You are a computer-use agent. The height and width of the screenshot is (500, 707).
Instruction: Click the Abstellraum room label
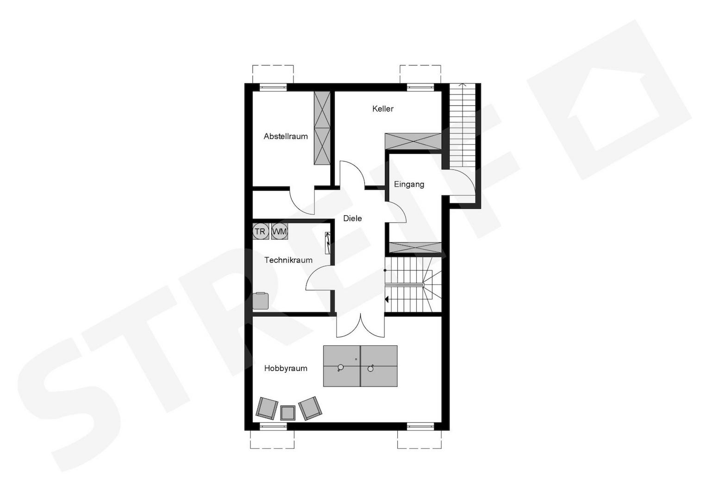click(x=285, y=136)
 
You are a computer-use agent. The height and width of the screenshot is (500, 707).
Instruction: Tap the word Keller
click(x=383, y=109)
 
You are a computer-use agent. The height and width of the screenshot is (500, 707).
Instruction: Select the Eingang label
click(x=409, y=184)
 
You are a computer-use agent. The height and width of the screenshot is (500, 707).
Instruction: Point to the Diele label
click(x=352, y=219)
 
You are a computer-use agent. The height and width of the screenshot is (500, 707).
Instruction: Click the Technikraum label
click(x=288, y=260)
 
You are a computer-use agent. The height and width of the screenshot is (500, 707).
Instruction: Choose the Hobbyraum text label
click(x=286, y=369)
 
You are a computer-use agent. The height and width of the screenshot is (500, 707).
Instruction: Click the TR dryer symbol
click(x=260, y=231)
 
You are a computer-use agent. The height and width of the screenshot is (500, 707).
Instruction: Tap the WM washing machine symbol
click(x=279, y=231)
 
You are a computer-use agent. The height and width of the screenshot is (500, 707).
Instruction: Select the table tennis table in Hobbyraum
click(x=360, y=366)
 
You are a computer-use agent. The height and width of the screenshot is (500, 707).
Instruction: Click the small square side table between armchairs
click(x=288, y=412)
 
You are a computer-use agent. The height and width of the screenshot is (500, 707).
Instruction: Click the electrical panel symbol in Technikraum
click(x=328, y=243)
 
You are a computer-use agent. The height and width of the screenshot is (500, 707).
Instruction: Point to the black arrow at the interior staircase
click(x=387, y=300)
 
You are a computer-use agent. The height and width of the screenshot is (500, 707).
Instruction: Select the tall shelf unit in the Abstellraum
click(x=322, y=128)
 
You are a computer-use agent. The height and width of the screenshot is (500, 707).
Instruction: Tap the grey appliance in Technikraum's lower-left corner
click(x=260, y=301)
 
